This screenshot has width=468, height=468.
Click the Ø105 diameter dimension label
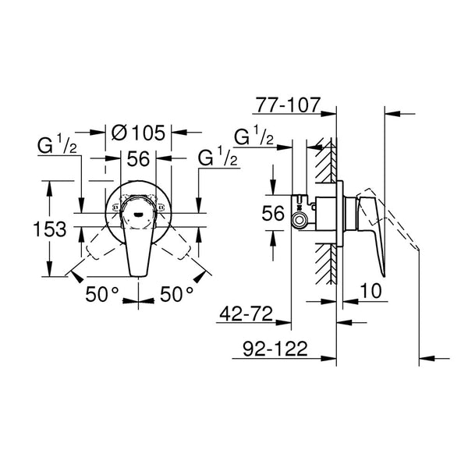click(x=139, y=132)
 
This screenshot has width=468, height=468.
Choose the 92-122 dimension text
click(x=268, y=348)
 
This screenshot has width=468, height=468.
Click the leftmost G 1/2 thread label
click(x=58, y=147)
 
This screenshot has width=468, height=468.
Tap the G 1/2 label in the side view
click(x=253, y=138)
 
